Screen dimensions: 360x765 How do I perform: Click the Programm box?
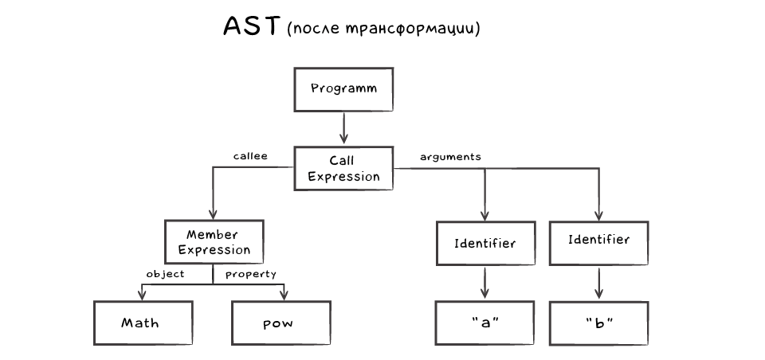pyautogui.click(x=343, y=88)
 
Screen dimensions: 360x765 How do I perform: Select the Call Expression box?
pyautogui.click(x=343, y=168)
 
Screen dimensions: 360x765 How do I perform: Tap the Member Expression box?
pyautogui.click(x=214, y=242)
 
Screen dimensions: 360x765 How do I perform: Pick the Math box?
pyautogui.click(x=140, y=323)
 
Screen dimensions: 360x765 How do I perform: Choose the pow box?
pyautogui.click(x=278, y=323)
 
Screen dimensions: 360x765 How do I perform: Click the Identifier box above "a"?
pyautogui.click(x=484, y=242)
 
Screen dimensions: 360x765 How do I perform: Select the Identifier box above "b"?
pyautogui.click(x=599, y=240)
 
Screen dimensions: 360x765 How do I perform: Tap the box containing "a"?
pyautogui.click(x=484, y=323)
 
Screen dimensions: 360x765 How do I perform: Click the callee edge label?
pyautogui.click(x=249, y=157)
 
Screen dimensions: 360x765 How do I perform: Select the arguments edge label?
pyautogui.click(x=450, y=157)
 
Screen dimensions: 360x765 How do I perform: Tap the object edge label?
pyautogui.click(x=166, y=274)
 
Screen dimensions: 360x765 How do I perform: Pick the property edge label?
pyautogui.click(x=250, y=274)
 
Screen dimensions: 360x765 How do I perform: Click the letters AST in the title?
pyautogui.click(x=250, y=28)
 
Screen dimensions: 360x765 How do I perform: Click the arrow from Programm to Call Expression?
pyautogui.click(x=343, y=127)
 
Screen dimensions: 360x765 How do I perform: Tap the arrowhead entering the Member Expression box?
pyautogui.click(x=214, y=215)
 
